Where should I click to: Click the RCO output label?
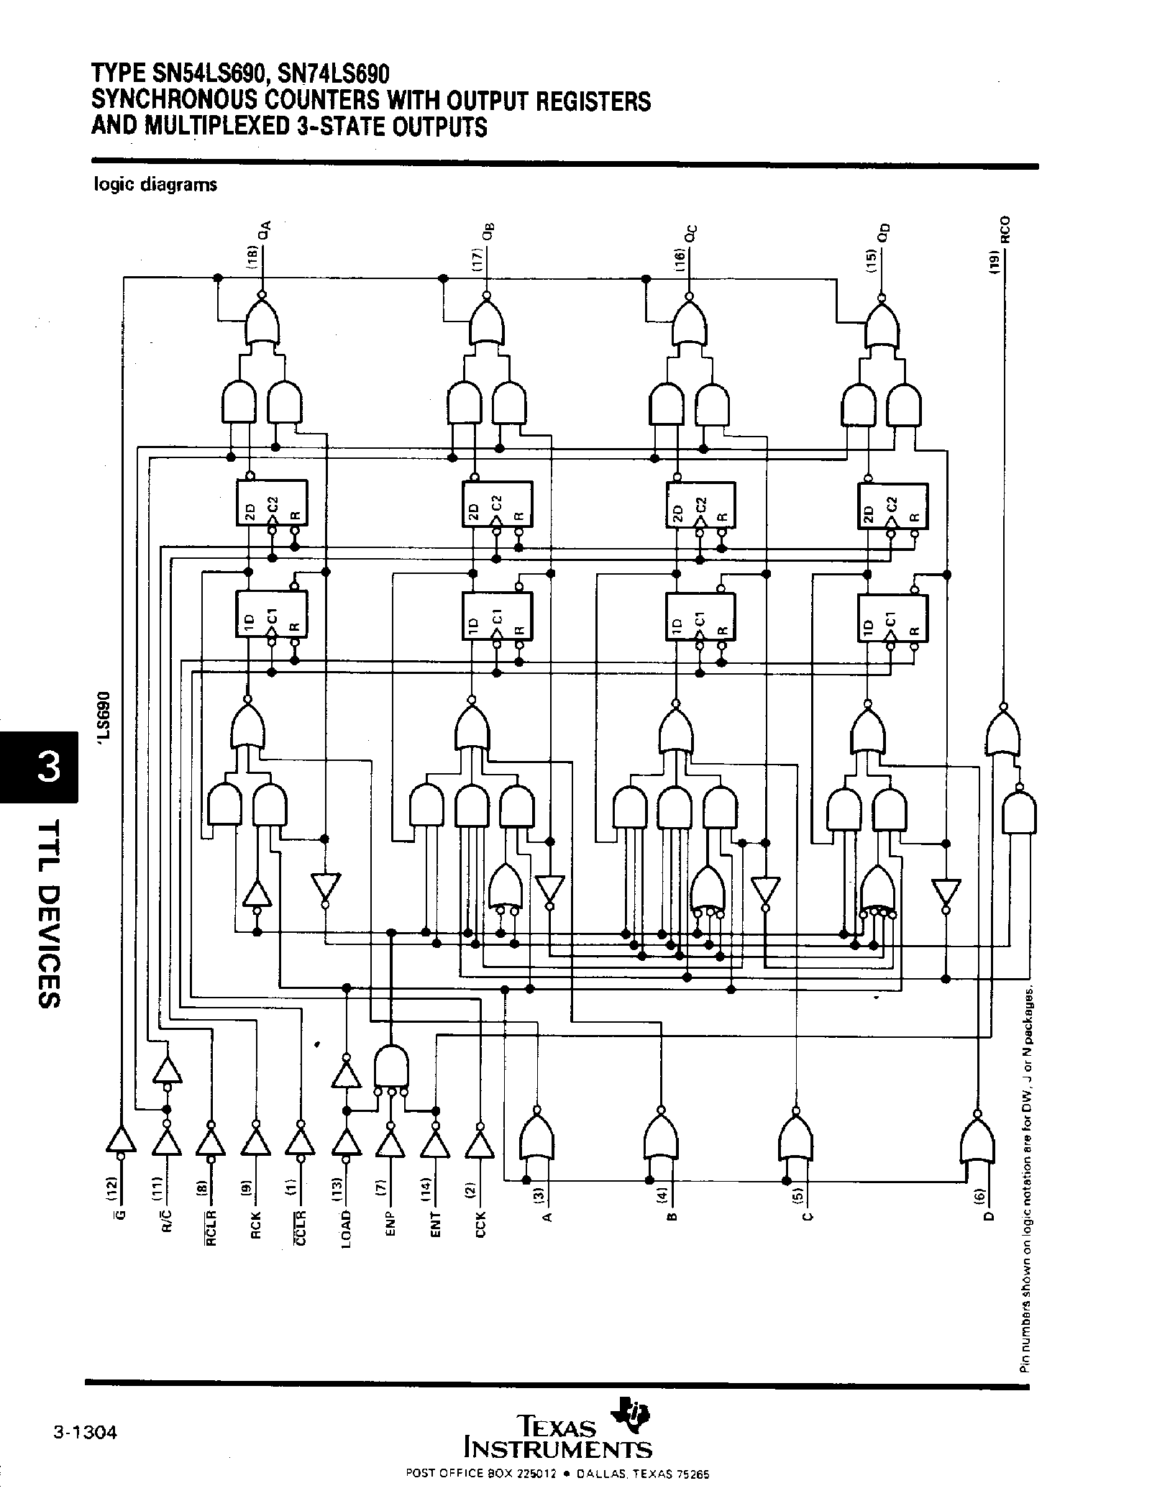pos(1005,231)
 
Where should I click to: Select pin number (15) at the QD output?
pos(871,260)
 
